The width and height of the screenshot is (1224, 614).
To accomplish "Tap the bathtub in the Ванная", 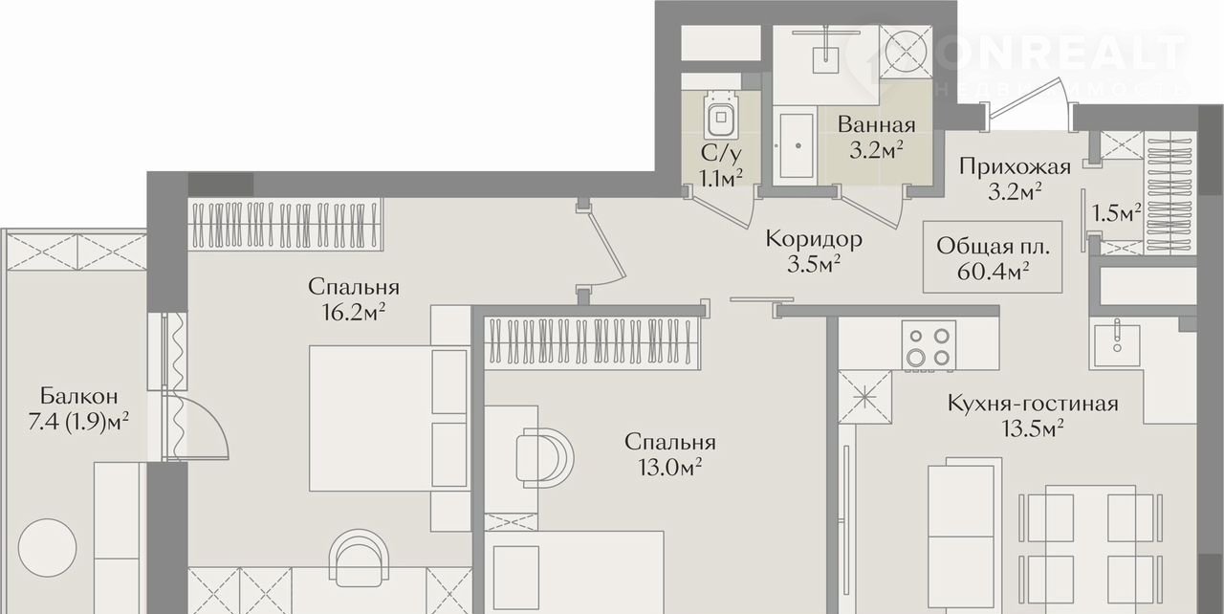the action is (797, 145).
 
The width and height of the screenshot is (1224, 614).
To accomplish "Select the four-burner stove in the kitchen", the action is (929, 346).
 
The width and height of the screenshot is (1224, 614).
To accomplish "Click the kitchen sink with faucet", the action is (1117, 343).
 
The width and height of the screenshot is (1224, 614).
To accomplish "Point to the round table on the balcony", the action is (47, 547).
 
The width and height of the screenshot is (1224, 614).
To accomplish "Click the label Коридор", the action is (814, 239).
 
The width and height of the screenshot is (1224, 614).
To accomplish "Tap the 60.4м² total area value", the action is (994, 271).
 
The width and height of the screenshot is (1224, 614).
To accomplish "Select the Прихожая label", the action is (1015, 166).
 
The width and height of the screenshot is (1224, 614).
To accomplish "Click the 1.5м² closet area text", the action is (1116, 212).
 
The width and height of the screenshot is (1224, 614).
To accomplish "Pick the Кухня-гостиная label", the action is (1032, 405).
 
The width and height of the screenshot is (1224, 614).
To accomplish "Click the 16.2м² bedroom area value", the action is (354, 312).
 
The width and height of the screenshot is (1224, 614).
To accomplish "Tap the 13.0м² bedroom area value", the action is (669, 467).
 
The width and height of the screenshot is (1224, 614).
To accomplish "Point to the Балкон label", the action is (78, 396).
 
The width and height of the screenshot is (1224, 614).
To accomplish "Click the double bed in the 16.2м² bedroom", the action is (389, 418).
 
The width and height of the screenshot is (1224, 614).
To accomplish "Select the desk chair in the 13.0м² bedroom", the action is (544, 458).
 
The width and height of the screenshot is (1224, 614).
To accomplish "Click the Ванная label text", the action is (877, 125).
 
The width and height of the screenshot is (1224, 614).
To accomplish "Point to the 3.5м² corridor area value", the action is (814, 264).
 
